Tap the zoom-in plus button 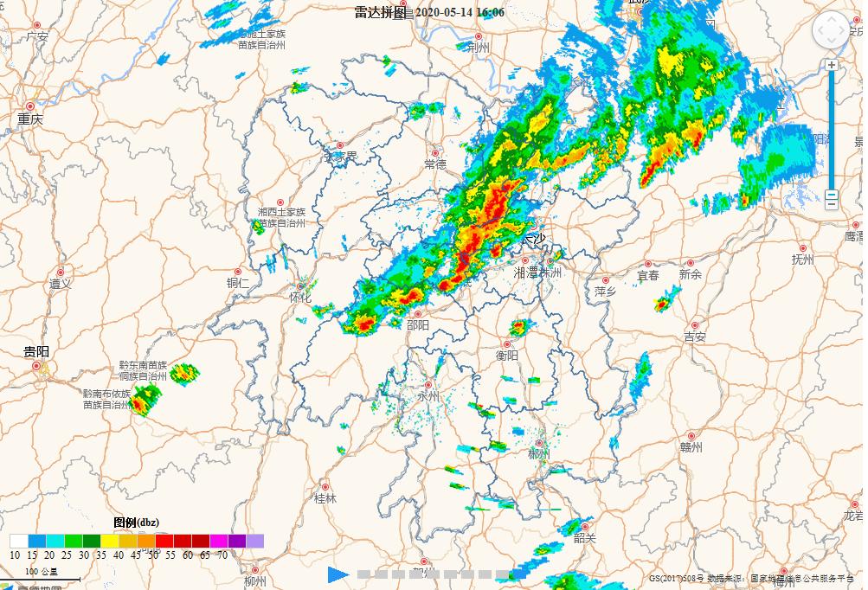coord(832,65)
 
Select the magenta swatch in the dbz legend coord(218,542)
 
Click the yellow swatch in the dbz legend coord(109,542)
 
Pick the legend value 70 coord(222,555)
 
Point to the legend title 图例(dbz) coord(137,523)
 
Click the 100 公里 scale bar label coord(42,572)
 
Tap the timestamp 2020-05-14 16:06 coord(460,12)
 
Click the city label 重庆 coord(29,119)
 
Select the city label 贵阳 coord(36,351)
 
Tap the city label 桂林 coord(325,499)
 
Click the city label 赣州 coord(691,447)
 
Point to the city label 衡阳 coord(507,355)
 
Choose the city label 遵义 coord(60,283)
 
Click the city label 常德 coord(435,164)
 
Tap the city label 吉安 coord(695,337)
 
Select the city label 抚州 coord(803,259)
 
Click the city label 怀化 coord(299,298)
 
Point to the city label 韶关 coord(585,538)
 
